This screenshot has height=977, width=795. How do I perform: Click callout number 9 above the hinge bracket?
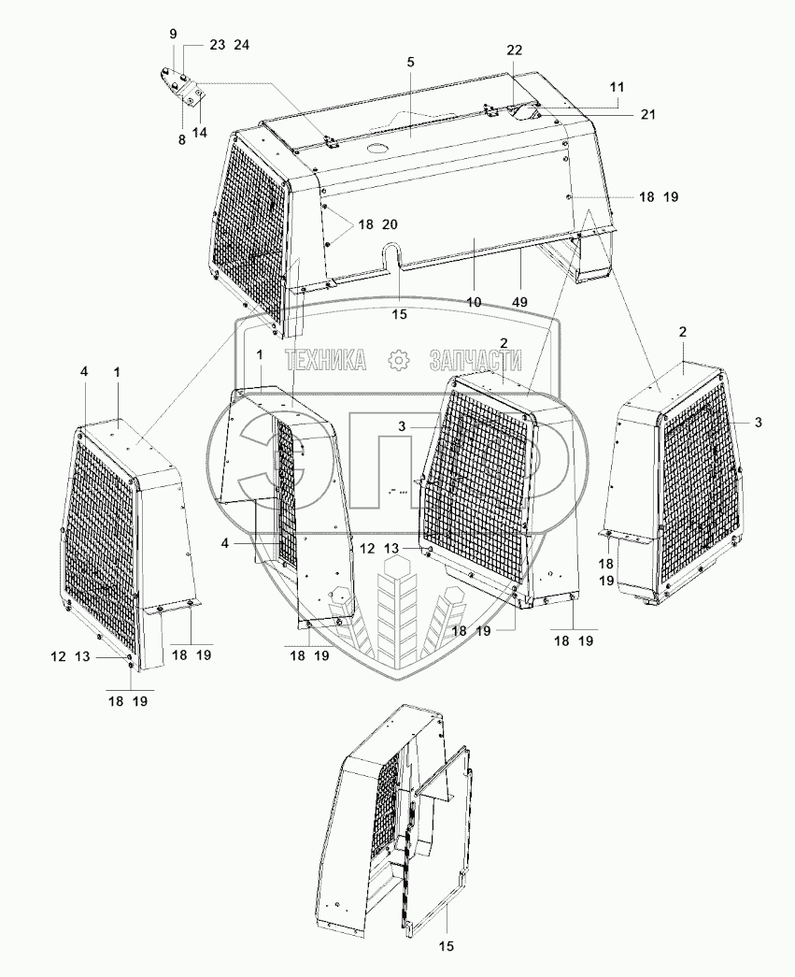coord(173,34)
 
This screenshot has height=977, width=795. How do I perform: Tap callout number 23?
coord(217,45)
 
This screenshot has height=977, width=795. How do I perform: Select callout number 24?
coord(242,45)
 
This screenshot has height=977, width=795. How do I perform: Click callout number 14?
coord(200,133)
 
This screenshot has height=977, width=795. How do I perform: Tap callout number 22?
coord(515,49)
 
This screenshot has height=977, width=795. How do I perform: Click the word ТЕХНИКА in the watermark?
coord(324,361)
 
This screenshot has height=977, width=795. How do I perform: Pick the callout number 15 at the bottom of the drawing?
coord(447,947)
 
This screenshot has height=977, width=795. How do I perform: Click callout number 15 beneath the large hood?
coord(400,314)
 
